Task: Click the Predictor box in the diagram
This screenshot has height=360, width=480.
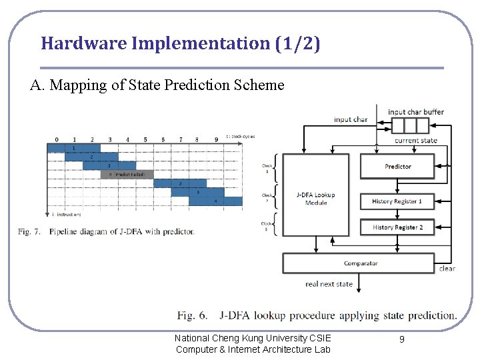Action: point(397,166)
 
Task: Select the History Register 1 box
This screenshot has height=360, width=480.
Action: point(397,201)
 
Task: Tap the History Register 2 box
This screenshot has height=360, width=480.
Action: point(397,227)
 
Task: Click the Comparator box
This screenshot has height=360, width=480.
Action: point(360,263)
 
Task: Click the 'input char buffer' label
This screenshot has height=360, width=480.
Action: point(416,112)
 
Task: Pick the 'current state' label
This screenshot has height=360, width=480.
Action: point(416,141)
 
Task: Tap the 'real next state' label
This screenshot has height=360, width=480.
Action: point(329,285)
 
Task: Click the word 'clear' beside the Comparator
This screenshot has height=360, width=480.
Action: point(447,269)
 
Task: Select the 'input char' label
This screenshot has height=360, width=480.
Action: point(351,120)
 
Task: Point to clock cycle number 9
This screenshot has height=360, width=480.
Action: point(216,139)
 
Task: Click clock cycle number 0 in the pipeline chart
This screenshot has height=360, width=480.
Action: point(56,139)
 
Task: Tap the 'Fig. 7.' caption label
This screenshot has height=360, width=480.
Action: point(30,232)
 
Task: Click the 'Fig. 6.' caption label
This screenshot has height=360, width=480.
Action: point(194,315)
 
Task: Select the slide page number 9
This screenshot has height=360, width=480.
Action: point(402,340)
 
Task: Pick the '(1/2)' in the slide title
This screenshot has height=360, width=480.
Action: point(297,44)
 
